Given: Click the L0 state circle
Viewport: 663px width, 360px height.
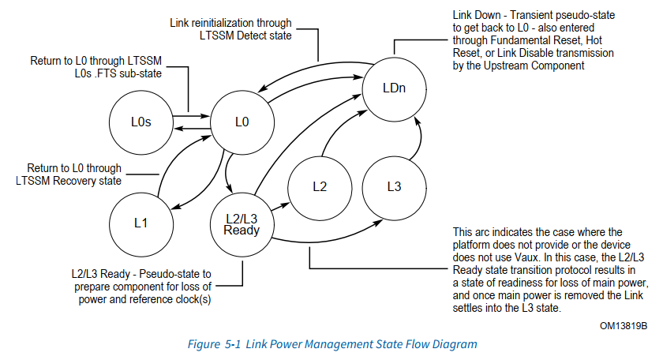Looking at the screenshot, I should (242, 122).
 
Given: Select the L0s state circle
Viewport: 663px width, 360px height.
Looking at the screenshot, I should (140, 122).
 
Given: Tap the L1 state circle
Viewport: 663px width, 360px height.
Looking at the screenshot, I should (140, 223).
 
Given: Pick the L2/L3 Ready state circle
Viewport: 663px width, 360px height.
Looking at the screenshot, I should (242, 222).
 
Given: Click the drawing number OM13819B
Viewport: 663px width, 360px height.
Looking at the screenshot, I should (624, 325).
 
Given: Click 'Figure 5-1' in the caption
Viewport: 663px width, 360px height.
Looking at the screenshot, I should (213, 344).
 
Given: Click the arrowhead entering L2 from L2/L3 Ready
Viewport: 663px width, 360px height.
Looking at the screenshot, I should (287, 204).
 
